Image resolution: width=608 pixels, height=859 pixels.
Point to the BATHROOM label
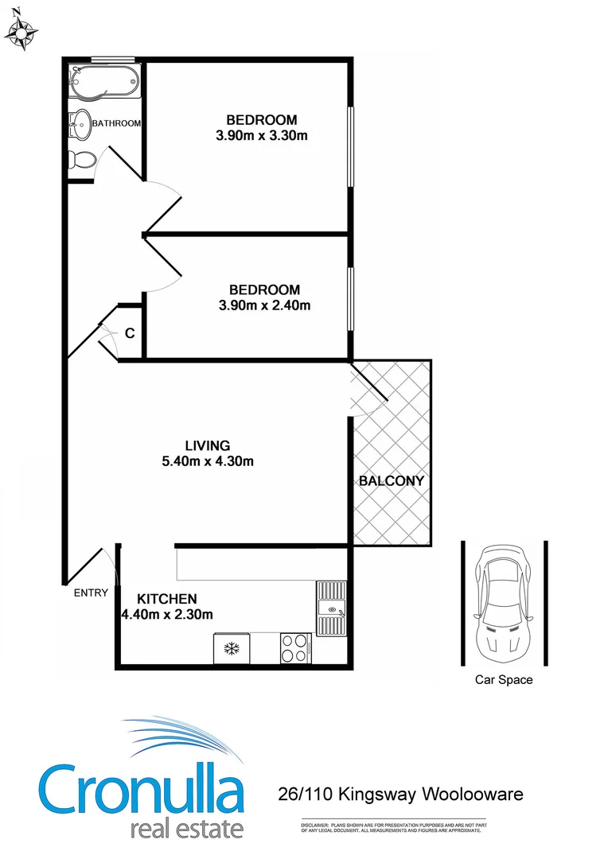click(x=117, y=123)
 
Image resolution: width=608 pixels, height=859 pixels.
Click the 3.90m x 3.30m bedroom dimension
click(x=261, y=136)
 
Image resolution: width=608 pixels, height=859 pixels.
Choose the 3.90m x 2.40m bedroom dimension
click(x=264, y=305)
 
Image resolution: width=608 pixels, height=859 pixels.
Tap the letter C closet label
click(x=130, y=334)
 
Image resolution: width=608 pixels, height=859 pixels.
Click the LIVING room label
click(x=208, y=445)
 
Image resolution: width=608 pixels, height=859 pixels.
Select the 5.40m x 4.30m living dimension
click(x=208, y=461)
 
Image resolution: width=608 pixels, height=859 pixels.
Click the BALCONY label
click(x=391, y=481)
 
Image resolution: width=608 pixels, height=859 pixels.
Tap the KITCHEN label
click(x=167, y=599)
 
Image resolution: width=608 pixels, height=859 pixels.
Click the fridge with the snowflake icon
click(x=232, y=647)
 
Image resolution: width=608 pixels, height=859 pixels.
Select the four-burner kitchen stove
click(x=294, y=647)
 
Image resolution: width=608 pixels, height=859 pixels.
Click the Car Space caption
click(x=503, y=680)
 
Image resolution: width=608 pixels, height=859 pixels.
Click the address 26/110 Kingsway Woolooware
click(x=400, y=794)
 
